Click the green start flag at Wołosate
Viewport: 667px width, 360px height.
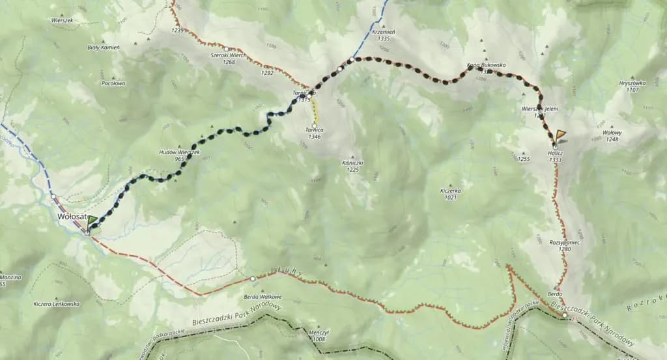tap(92, 221)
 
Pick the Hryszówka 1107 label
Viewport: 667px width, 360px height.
tap(632, 86)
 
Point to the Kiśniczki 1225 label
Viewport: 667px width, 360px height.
tap(352, 167)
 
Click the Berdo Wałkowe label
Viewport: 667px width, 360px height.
tap(257, 297)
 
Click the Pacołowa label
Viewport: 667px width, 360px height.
tap(113, 84)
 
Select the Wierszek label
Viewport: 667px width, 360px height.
tap(62, 20)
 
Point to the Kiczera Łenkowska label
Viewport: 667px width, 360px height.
tap(57, 304)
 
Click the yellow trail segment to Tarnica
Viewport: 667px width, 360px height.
tap(315, 111)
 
